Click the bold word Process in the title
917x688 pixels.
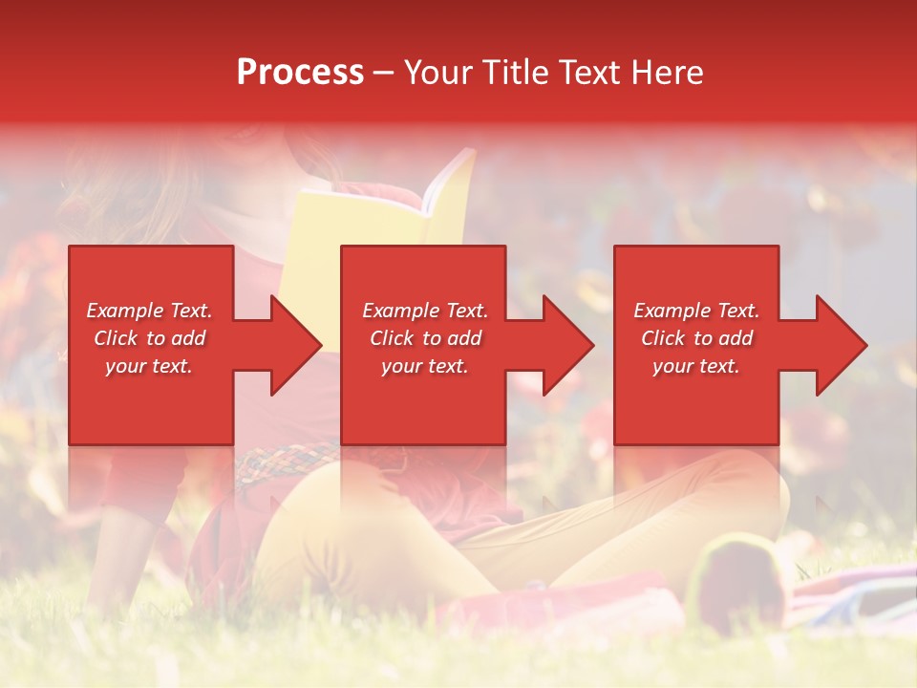pyautogui.click(x=300, y=73)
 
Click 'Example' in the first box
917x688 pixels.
pyautogui.click(x=124, y=311)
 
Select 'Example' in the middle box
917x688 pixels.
pyautogui.click(x=400, y=311)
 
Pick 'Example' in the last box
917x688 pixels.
pyautogui.click(x=672, y=311)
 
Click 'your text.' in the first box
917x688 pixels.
pyautogui.click(x=149, y=366)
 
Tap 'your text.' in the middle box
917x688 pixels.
pyautogui.click(x=424, y=366)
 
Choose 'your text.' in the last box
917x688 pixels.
pyautogui.click(x=695, y=366)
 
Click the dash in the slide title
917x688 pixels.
pyautogui.click(x=383, y=73)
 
